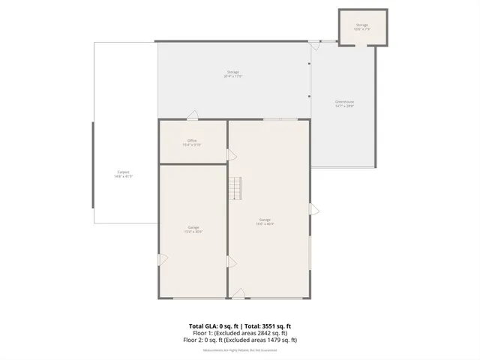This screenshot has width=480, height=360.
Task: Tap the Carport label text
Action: tap(123, 172)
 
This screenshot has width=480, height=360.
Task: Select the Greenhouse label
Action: tap(344, 103)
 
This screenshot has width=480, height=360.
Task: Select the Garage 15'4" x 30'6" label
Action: tap(193, 229)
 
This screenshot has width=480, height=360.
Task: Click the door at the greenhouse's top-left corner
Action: tap(315, 45)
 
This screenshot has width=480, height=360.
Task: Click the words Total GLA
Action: tap(202, 326)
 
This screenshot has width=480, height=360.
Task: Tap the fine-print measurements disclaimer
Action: tap(240, 350)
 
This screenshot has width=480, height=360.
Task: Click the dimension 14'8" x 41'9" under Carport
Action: tap(123, 177)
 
